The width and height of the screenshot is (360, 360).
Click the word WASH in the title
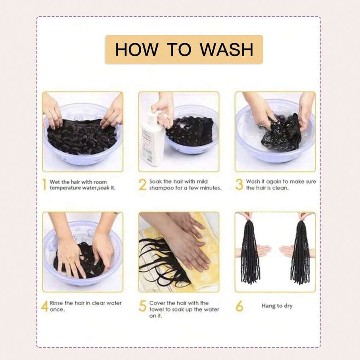226,49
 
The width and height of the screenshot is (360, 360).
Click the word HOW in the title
137,49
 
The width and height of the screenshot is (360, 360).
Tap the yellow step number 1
44,184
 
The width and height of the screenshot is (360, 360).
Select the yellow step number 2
142,184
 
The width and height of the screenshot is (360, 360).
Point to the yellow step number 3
239,184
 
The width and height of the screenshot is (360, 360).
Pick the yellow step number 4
45,306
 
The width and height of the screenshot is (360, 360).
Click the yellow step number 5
142,306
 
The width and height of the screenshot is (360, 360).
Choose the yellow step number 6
239,306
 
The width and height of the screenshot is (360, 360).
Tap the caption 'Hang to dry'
277,306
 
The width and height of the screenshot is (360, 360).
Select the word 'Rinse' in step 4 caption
56,303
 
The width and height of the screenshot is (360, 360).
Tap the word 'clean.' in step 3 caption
280,188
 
